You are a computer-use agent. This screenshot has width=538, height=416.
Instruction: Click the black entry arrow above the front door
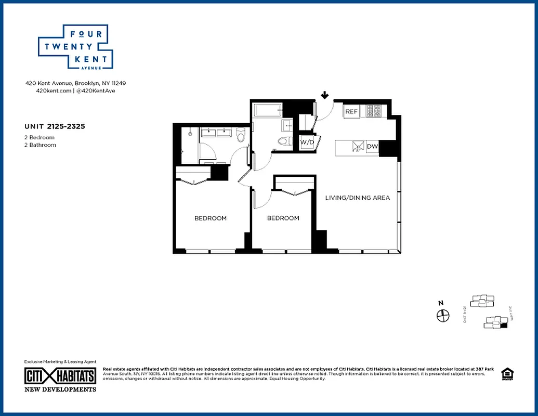click(x=325, y=95)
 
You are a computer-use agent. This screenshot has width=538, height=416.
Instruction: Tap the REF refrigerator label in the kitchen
click(x=352, y=112)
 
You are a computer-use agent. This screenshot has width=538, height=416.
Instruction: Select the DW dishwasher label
click(x=372, y=147)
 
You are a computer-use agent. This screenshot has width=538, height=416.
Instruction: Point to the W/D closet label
click(x=307, y=142)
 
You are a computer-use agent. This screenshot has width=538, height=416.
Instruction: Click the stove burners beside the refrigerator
click(x=375, y=111)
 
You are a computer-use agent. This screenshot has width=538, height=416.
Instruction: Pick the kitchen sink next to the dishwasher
click(x=358, y=147)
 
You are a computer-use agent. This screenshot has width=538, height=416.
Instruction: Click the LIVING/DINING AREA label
click(x=357, y=198)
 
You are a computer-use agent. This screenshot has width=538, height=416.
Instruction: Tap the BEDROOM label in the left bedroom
click(x=211, y=218)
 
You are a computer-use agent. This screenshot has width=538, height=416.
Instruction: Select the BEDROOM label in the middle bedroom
click(x=283, y=218)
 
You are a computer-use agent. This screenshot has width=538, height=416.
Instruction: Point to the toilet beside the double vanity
click(x=240, y=136)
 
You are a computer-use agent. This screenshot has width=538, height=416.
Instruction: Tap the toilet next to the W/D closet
click(x=283, y=141)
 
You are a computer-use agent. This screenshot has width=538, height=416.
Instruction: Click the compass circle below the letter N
click(x=442, y=315)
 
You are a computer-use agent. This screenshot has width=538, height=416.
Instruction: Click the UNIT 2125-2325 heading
click(x=55, y=126)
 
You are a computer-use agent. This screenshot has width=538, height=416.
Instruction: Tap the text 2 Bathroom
click(x=40, y=145)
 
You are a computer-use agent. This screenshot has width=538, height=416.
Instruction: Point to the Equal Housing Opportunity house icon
click(x=506, y=374)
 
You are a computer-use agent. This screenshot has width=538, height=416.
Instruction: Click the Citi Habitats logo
click(x=60, y=376)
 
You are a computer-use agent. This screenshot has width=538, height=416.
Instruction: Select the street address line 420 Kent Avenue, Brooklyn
click(x=76, y=83)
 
